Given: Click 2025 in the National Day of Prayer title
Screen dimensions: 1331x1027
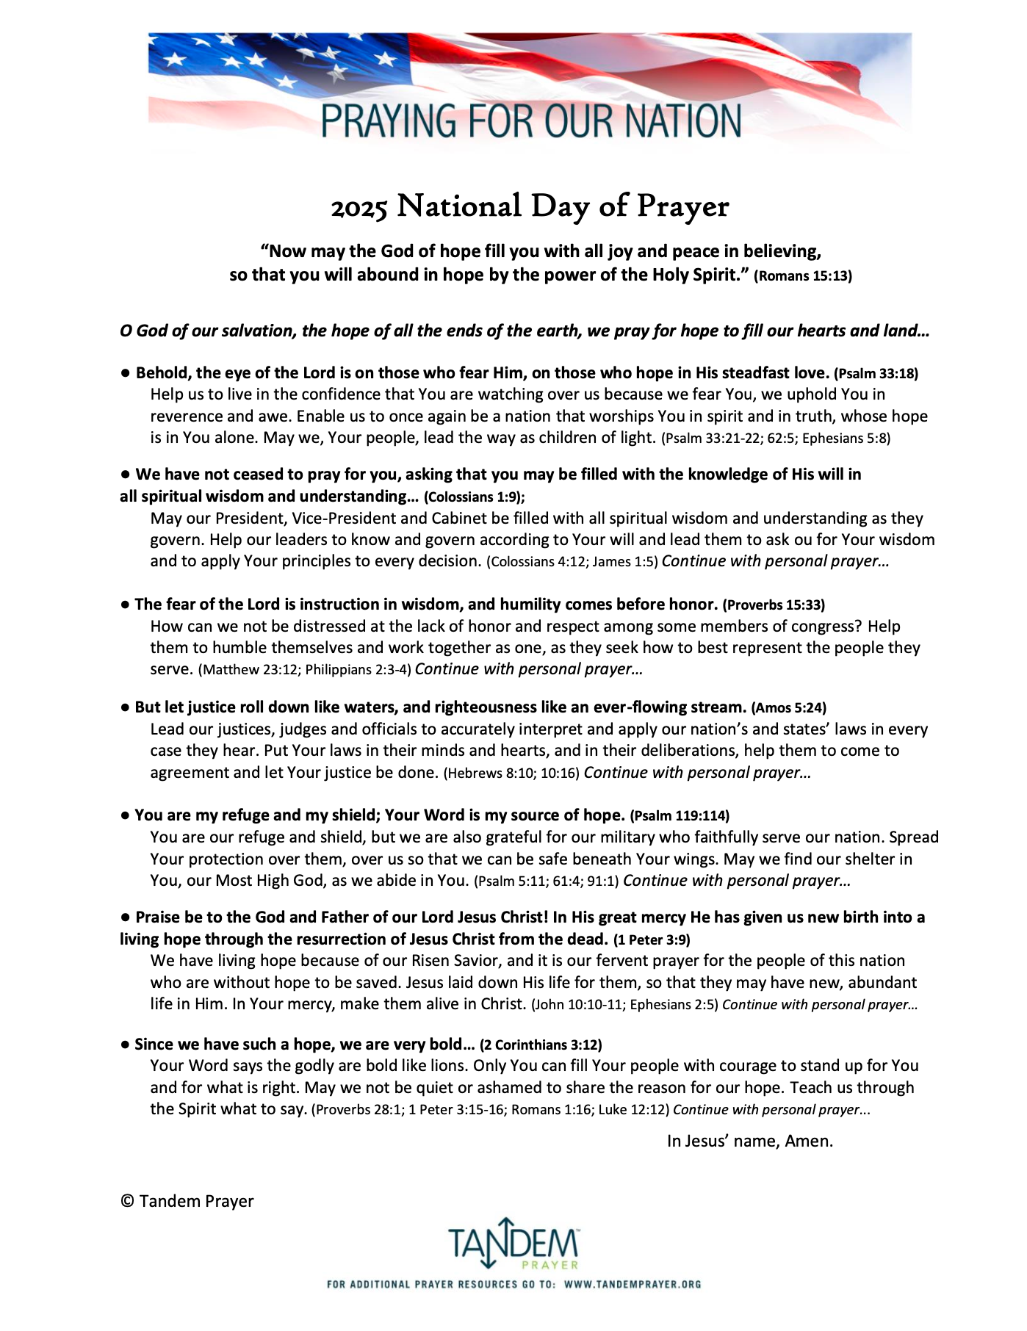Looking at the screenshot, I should point(358,208).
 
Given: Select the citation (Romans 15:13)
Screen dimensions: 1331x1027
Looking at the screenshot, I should point(803,277).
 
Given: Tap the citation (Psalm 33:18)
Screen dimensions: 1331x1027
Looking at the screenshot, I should point(876,374).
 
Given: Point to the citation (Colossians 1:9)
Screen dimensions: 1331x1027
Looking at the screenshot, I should point(473,497).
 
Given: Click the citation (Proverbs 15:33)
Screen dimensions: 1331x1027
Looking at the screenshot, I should point(774,605).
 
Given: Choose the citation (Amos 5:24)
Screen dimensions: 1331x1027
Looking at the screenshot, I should point(788,708).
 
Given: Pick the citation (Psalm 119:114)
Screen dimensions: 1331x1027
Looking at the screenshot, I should point(680,816).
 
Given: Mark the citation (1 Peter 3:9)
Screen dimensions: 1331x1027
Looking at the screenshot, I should point(652,940).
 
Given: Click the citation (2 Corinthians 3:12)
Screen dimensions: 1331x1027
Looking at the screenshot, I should point(541,1045).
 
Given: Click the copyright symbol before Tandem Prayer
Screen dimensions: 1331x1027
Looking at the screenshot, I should point(127,1202).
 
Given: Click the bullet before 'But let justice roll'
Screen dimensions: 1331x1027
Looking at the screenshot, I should point(126,708).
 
